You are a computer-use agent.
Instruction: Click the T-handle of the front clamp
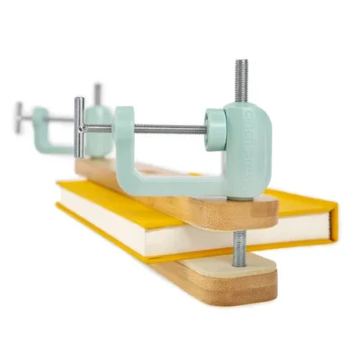click(79, 127)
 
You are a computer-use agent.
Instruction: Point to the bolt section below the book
click(240, 248)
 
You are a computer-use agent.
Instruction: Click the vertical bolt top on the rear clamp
click(97, 91)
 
